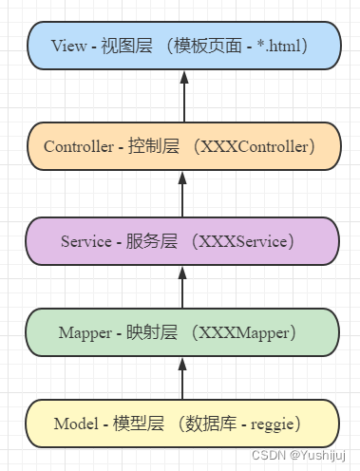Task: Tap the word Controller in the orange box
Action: tap(79, 146)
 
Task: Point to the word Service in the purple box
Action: tap(86, 241)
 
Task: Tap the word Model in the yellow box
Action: tap(77, 423)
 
